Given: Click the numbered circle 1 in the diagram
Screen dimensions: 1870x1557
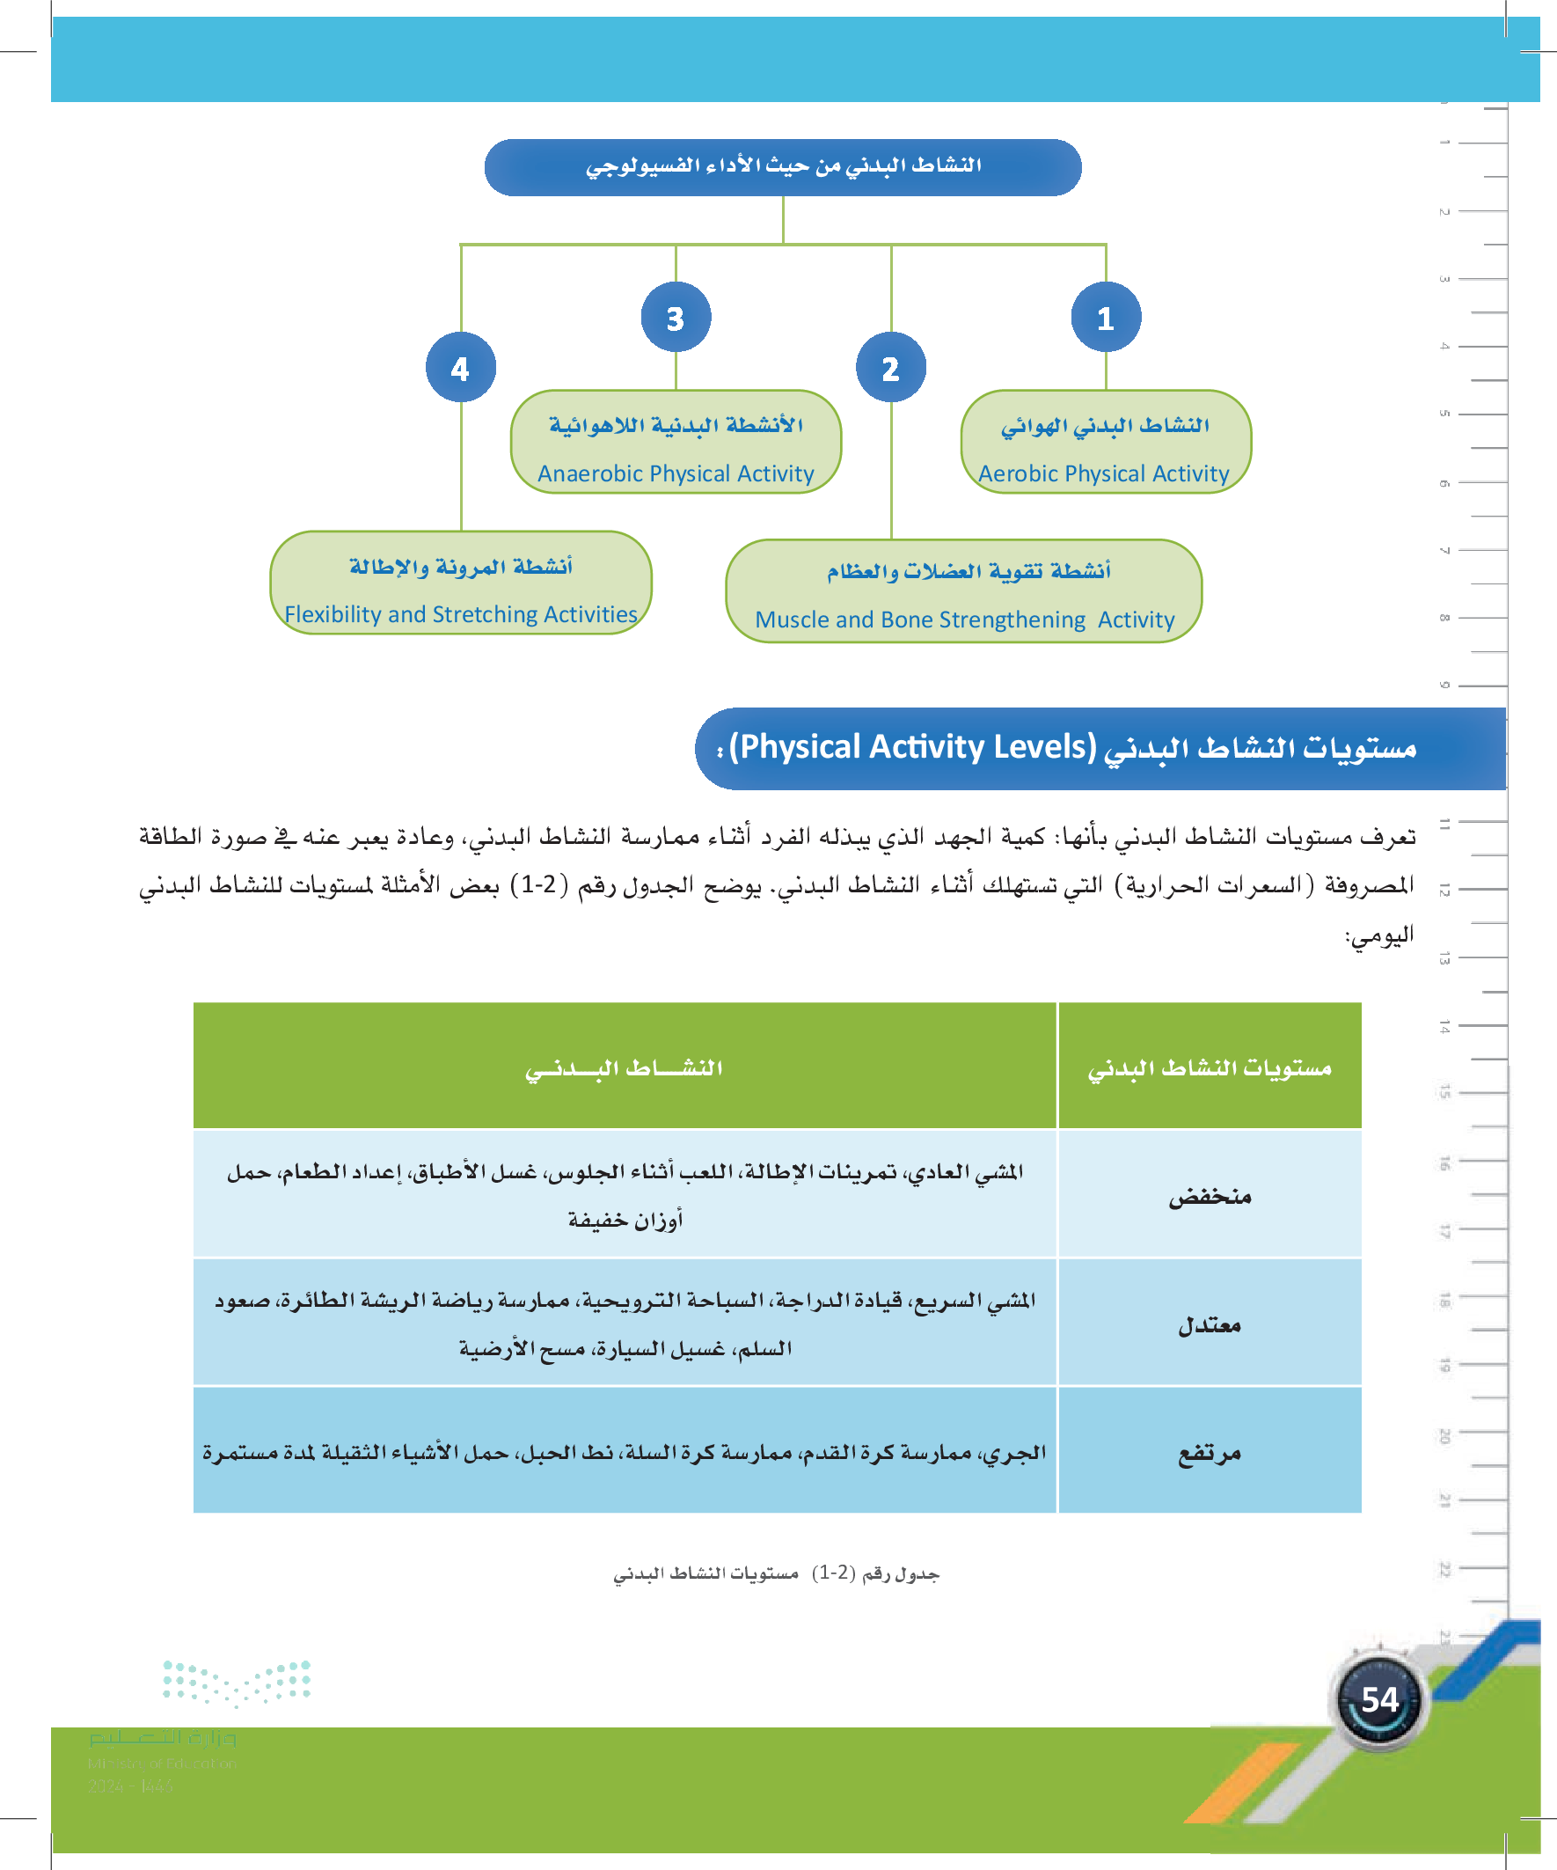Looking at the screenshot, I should (1106, 318).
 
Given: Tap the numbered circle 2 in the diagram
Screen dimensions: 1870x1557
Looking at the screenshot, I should (890, 368).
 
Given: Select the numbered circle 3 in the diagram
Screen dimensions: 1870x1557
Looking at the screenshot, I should (676, 318).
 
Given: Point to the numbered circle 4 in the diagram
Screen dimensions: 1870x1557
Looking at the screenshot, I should (460, 368).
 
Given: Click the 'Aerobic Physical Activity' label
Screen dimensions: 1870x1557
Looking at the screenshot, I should (1104, 473).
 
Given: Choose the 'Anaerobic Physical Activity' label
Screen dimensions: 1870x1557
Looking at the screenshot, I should (676, 473).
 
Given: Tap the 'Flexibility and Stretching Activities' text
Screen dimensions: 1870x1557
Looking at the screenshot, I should (461, 614).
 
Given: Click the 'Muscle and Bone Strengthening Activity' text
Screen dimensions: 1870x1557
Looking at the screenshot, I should (965, 620).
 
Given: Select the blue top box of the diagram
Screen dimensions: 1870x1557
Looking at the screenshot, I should (783, 166).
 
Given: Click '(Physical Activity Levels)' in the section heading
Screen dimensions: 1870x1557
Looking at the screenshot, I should (912, 747).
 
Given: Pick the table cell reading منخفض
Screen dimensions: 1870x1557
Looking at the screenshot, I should (1209, 1196).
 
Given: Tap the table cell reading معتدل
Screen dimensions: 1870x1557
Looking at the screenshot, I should (1209, 1325).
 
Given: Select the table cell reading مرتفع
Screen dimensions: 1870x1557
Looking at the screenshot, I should (1209, 1453).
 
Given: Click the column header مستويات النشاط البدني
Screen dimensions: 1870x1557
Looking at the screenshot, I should (1209, 1067).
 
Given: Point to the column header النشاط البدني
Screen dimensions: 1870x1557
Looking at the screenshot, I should (624, 1067).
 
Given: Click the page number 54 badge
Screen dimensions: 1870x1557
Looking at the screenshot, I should (1379, 1700).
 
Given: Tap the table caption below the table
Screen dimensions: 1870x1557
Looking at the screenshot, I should (776, 1574).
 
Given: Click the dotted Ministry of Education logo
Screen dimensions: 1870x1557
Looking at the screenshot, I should (237, 1682).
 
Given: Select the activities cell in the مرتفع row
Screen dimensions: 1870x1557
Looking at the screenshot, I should (624, 1453).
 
